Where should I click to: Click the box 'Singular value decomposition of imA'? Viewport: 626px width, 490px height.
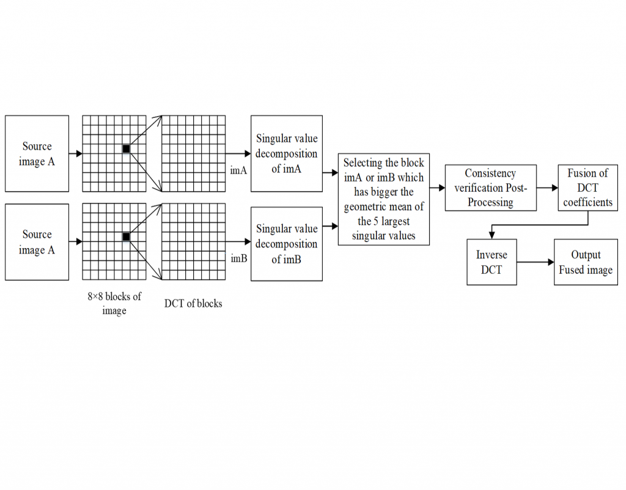(286, 153)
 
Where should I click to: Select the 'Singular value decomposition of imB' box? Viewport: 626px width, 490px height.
(286, 243)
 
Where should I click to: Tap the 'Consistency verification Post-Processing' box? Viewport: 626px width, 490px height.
(490, 188)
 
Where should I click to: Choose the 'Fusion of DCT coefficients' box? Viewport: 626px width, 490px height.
(587, 188)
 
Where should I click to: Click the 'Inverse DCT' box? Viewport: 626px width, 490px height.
(491, 261)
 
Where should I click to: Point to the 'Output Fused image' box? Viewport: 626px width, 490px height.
(585, 261)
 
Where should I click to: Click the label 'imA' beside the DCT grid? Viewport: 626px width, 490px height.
(238, 170)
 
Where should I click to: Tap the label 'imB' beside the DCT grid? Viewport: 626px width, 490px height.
(238, 258)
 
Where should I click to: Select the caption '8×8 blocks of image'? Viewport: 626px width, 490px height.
(114, 303)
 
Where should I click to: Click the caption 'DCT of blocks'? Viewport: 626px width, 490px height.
(193, 303)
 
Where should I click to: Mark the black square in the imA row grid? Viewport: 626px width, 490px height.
(126, 149)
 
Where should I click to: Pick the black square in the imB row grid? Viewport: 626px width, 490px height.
(126, 236)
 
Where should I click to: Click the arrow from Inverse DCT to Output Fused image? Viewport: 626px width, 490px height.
(535, 262)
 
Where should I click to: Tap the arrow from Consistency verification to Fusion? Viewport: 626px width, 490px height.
(547, 188)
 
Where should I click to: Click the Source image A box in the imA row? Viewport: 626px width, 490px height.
(37, 153)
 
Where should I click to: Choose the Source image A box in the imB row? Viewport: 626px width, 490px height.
(37, 242)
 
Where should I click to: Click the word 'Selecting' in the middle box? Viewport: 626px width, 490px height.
(363, 163)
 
